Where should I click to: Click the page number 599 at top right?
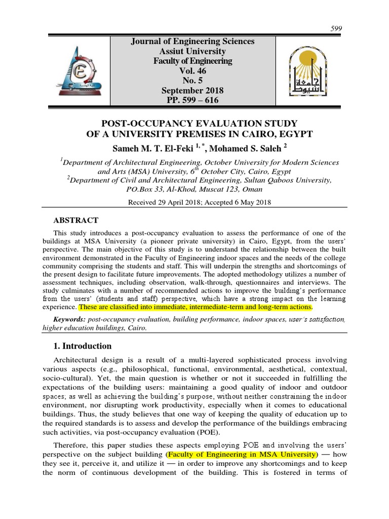(x=336, y=29)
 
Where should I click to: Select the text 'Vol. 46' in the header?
(x=193, y=71)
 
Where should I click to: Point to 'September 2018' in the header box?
(x=193, y=90)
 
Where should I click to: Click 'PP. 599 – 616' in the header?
(x=193, y=100)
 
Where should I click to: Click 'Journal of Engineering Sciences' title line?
(x=193, y=42)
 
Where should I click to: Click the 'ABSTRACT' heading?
(x=76, y=220)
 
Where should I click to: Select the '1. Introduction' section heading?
(x=82, y=346)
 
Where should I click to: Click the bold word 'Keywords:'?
(x=69, y=320)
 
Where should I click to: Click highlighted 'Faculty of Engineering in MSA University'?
(x=243, y=453)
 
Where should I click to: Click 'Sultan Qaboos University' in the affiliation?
(x=287, y=180)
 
